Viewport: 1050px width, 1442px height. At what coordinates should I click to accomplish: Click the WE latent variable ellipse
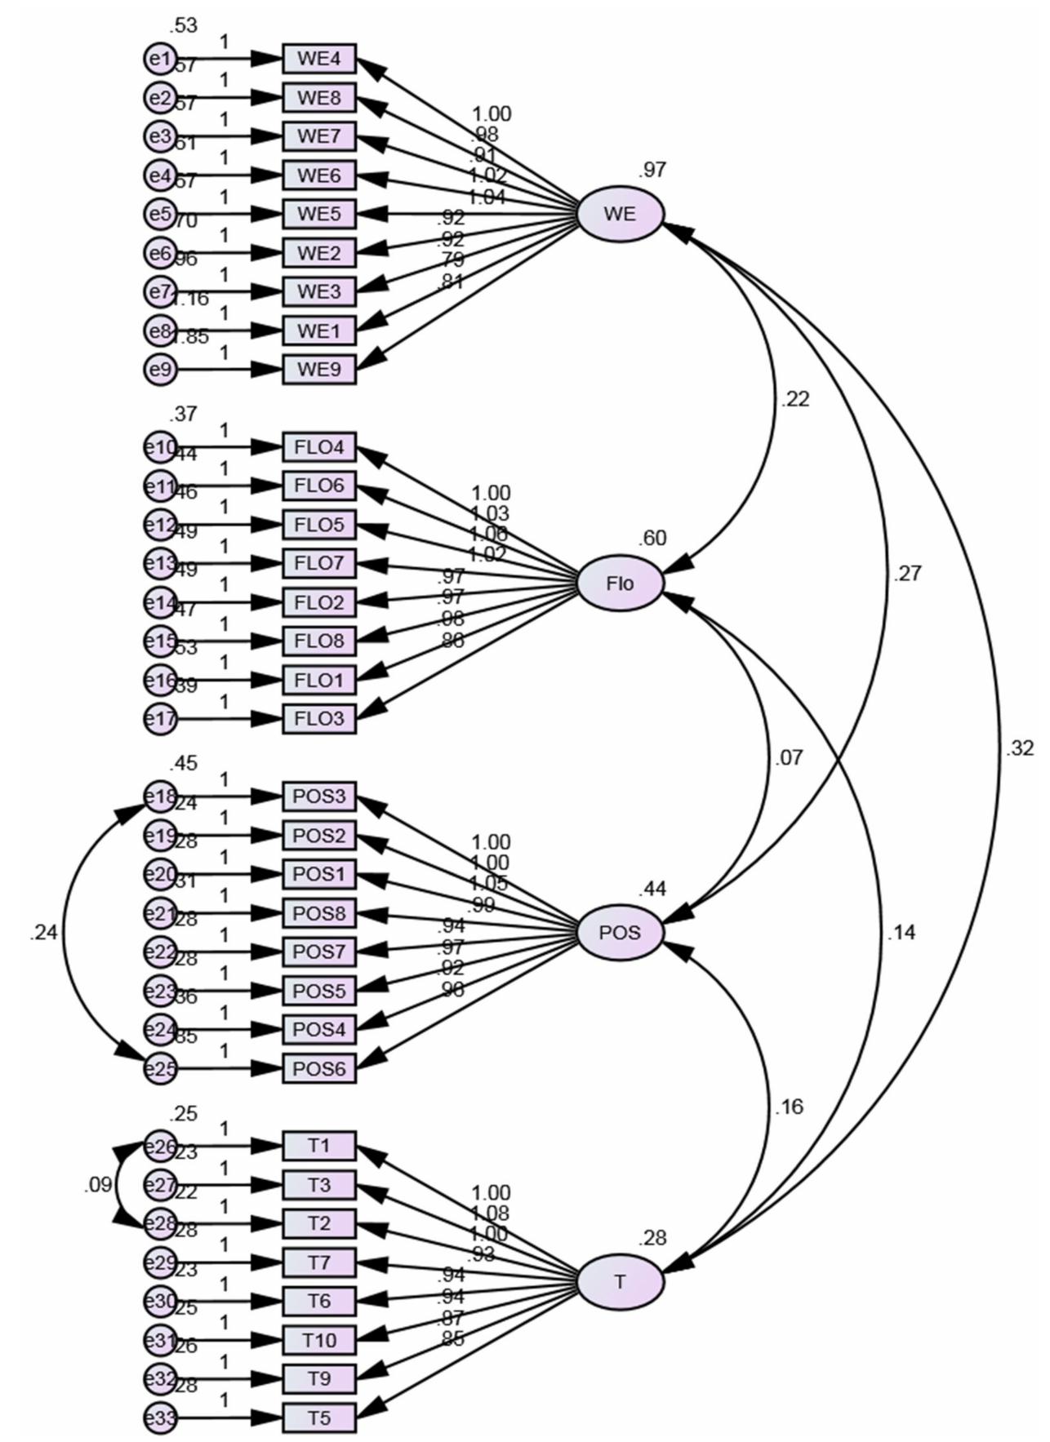[x=620, y=214]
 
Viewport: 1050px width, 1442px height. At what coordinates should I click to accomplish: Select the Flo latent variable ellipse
[x=620, y=583]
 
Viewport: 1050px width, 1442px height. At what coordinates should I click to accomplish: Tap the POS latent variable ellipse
[x=620, y=932]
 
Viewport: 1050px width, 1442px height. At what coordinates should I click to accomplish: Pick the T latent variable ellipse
[x=620, y=1281]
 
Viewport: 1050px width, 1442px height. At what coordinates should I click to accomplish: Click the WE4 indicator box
[x=319, y=59]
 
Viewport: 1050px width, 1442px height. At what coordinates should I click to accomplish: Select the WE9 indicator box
[x=319, y=370]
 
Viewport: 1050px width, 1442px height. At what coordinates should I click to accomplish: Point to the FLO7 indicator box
[x=319, y=563]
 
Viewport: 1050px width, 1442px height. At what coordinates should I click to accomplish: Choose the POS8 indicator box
[x=319, y=912]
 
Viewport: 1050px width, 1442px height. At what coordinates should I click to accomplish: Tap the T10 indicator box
[x=319, y=1339]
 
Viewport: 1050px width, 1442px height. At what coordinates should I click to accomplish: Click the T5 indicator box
[x=319, y=1418]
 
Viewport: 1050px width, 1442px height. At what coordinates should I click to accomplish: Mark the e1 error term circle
[x=160, y=59]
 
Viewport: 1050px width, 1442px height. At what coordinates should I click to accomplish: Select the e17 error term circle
[x=160, y=719]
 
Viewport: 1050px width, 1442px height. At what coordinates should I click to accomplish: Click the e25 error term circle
[x=160, y=1068]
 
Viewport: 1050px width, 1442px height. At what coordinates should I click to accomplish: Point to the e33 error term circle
[x=160, y=1418]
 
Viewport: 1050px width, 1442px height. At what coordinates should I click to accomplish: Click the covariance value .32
[x=1020, y=748]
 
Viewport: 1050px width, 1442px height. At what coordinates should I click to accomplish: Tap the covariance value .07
[x=788, y=758]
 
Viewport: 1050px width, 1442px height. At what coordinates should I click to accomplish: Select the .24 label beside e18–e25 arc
[x=43, y=933]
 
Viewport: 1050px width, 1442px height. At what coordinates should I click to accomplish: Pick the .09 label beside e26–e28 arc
[x=98, y=1185]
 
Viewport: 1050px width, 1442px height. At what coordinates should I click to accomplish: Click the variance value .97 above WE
[x=653, y=170]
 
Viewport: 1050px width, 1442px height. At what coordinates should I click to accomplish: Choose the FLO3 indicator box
[x=319, y=719]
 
